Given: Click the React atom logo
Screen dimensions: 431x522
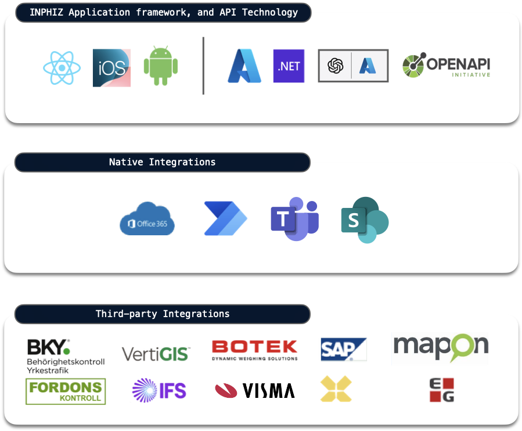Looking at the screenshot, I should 62,68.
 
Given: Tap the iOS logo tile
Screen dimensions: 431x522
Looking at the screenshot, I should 111,68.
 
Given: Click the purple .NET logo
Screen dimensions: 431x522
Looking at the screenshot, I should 289,66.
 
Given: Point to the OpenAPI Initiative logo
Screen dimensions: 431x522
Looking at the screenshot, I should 446,66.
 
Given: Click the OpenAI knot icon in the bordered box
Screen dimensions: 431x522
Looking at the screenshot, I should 336,66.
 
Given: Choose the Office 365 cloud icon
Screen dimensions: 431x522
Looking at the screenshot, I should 147,219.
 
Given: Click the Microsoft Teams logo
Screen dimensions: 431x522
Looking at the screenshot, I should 294,219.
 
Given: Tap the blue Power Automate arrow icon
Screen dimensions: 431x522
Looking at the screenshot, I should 225,219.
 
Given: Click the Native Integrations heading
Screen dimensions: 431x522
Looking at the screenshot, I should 162,162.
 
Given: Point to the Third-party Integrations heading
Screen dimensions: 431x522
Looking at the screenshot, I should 162,314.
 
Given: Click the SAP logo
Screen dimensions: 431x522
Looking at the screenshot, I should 343,350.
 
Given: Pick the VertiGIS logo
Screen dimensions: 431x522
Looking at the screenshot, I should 156,353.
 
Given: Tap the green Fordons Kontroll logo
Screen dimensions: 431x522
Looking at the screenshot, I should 66,392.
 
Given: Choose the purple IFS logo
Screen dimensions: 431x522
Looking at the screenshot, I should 159,390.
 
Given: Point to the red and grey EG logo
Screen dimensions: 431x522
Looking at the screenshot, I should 441,390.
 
